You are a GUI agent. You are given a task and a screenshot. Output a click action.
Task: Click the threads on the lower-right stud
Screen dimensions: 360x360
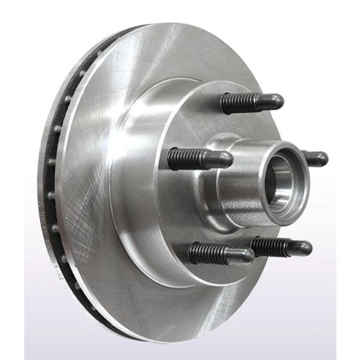click(270, 245)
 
